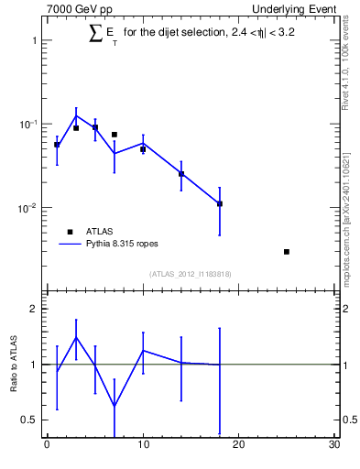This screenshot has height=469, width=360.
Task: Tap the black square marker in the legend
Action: (x=70, y=232)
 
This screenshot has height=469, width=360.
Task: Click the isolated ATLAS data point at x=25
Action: (x=287, y=251)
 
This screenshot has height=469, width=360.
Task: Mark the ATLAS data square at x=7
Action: (x=115, y=135)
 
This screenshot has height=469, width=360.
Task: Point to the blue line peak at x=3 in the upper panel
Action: (x=76, y=115)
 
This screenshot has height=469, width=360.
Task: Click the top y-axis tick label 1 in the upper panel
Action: (x=33, y=41)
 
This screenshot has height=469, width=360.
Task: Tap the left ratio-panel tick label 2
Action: (x=33, y=309)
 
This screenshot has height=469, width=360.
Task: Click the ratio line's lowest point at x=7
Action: (x=115, y=406)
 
